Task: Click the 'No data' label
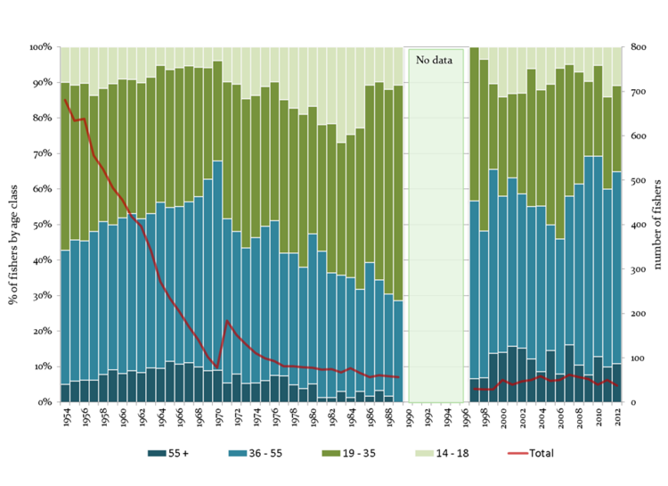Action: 436,60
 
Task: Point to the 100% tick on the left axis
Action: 41,46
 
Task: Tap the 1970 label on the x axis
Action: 217,420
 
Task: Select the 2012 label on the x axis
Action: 620,420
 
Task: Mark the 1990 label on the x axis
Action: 410,420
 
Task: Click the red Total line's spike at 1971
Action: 227,320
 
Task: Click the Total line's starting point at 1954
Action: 65,99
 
